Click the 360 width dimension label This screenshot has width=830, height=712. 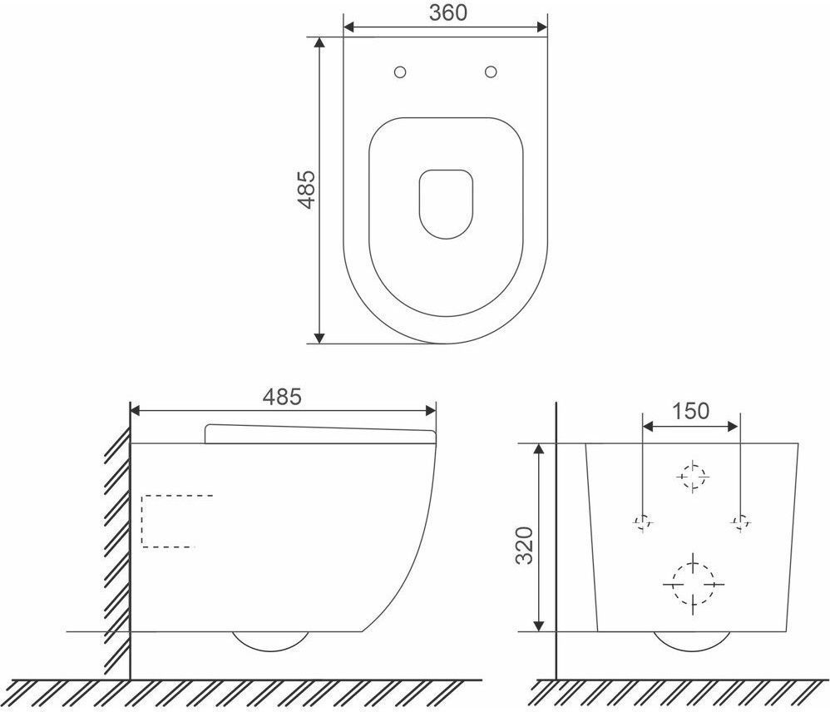447,12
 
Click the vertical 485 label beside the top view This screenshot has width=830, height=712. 307,190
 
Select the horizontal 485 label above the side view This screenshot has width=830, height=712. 282,397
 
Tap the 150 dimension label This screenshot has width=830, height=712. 690,411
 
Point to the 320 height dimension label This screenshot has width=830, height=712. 525,546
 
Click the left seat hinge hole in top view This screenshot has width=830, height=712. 400,72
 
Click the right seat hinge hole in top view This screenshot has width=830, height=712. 491,72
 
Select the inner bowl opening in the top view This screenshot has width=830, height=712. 446,204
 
